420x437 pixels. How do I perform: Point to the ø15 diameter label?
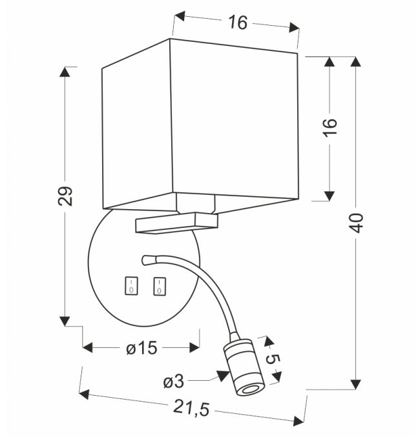(x=141, y=349)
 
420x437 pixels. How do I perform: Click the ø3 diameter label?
(x=174, y=382)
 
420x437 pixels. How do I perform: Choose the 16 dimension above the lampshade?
(x=237, y=23)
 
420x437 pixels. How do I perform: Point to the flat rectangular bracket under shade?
(x=176, y=224)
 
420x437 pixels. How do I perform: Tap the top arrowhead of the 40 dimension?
(x=357, y=62)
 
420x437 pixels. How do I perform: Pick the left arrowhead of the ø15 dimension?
(x=89, y=349)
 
